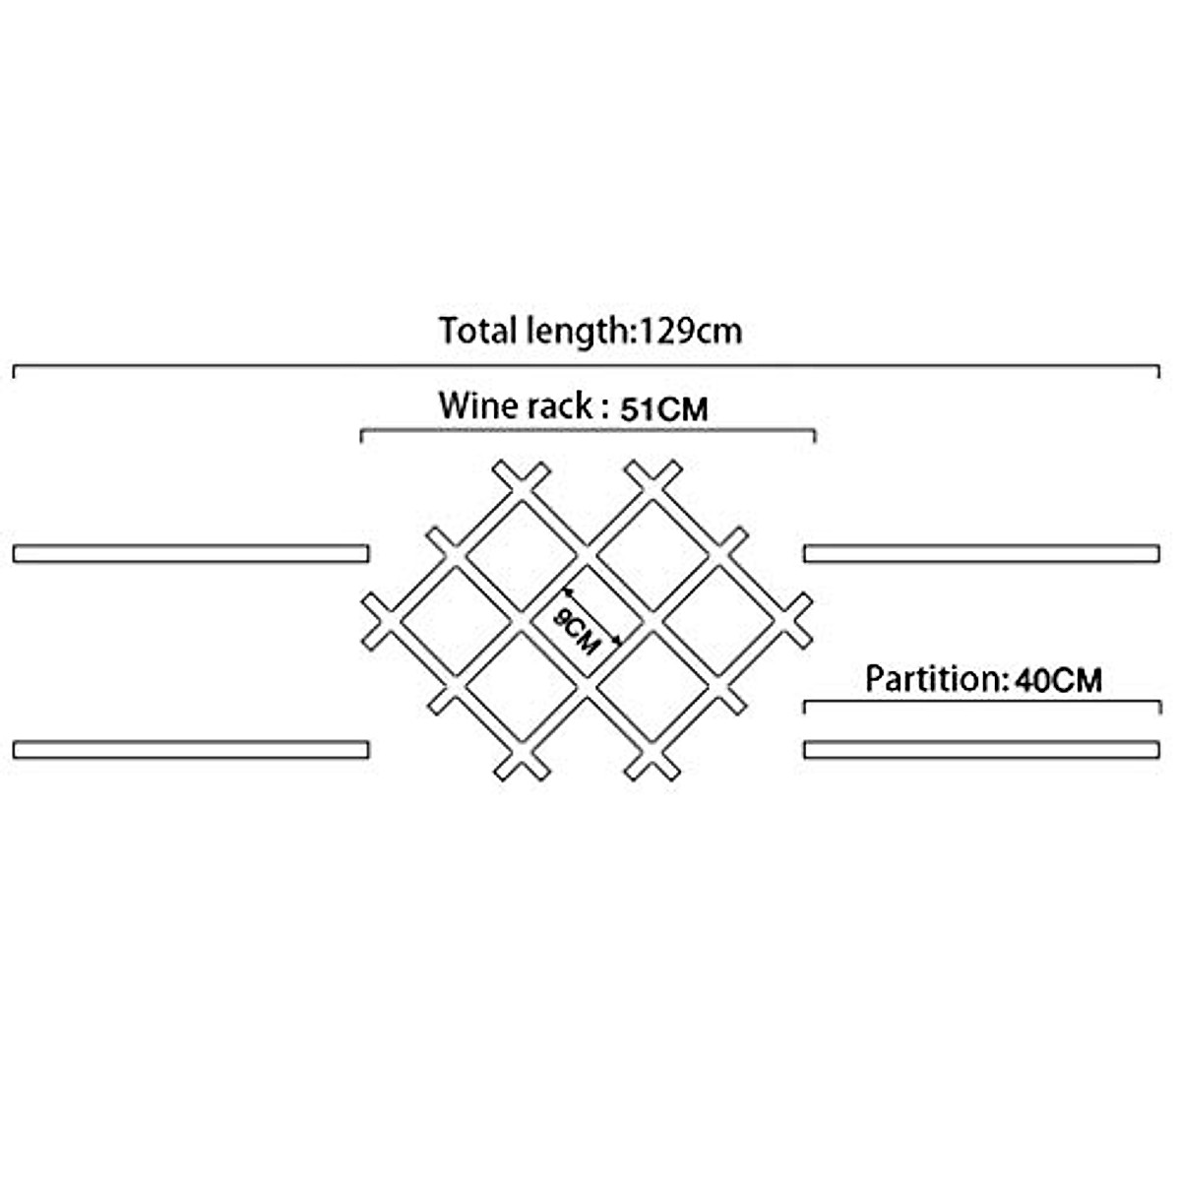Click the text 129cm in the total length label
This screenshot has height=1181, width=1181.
pyautogui.click(x=691, y=332)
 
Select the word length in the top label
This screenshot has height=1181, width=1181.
pyautogui.click(x=579, y=334)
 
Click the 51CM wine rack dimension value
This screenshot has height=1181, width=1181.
pyautogui.click(x=664, y=408)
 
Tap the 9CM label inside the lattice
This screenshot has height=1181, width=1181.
pyautogui.click(x=576, y=632)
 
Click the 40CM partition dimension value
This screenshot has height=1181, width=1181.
pyautogui.click(x=1059, y=680)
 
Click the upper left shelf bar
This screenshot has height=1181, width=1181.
pyautogui.click(x=191, y=553)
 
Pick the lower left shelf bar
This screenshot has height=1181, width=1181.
pyautogui.click(x=191, y=750)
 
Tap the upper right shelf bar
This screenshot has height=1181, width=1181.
pyautogui.click(x=982, y=553)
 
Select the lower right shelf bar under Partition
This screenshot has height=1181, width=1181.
pyautogui.click(x=982, y=750)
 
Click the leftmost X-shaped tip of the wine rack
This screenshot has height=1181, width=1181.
pyautogui.click(x=379, y=621)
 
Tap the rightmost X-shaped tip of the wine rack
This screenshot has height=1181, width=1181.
pyautogui.click(x=795, y=621)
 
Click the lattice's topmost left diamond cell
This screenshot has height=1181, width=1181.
pyautogui.click(x=522, y=556)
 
